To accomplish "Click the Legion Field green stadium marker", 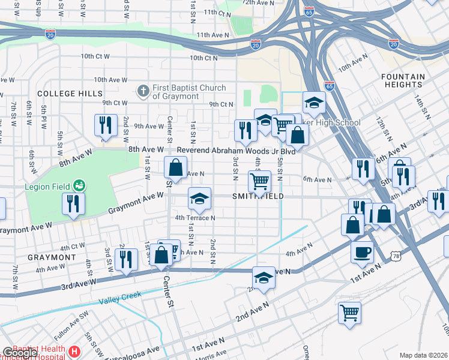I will [79, 185].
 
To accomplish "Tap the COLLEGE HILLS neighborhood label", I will [65, 94].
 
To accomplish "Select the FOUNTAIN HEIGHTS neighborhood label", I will [412, 81].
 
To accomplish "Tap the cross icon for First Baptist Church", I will [143, 91].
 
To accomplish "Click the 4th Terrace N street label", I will [195, 218].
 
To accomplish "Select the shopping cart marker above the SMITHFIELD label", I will [259, 180].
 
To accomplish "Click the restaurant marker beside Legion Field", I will [73, 203].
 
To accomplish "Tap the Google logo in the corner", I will [19, 353].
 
